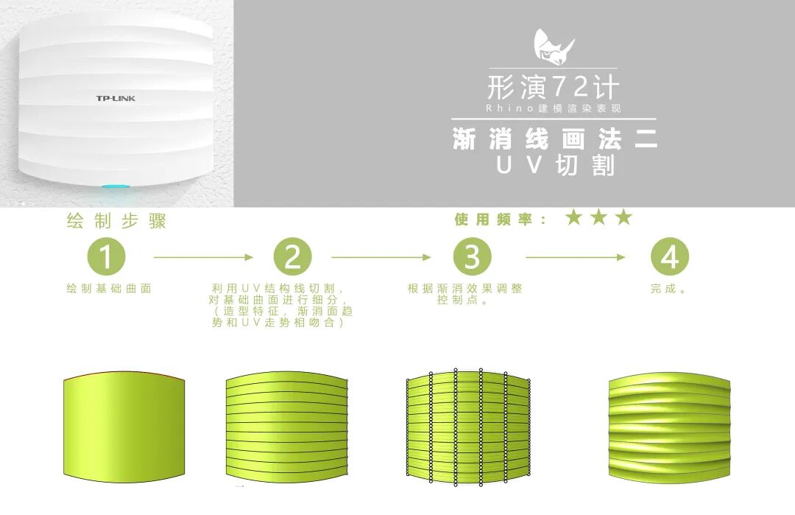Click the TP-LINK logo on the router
coord(116,98)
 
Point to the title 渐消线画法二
coord(554,139)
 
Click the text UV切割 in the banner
coord(554,165)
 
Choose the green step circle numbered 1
coord(107,257)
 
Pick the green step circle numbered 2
coord(292,257)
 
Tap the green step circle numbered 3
coord(472,257)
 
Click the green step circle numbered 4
coord(669,257)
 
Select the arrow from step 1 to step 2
coord(202,257)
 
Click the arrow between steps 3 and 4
coord(575,257)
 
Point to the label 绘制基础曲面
coord(108,289)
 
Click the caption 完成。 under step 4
coord(668,289)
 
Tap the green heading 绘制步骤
coord(116,221)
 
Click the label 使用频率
coord(501,220)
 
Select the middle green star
coord(599,217)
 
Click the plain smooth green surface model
coord(124,428)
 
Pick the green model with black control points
coord(467,428)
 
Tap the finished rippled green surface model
coord(669,428)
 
